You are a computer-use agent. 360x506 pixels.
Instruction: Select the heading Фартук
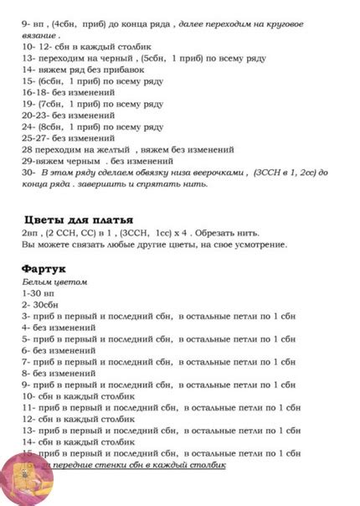[44, 269]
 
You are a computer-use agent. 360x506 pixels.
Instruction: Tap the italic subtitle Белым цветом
[54, 282]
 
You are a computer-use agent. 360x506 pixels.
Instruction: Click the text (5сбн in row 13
[156, 59]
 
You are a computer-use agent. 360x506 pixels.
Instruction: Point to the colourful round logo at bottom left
[25, 482]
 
